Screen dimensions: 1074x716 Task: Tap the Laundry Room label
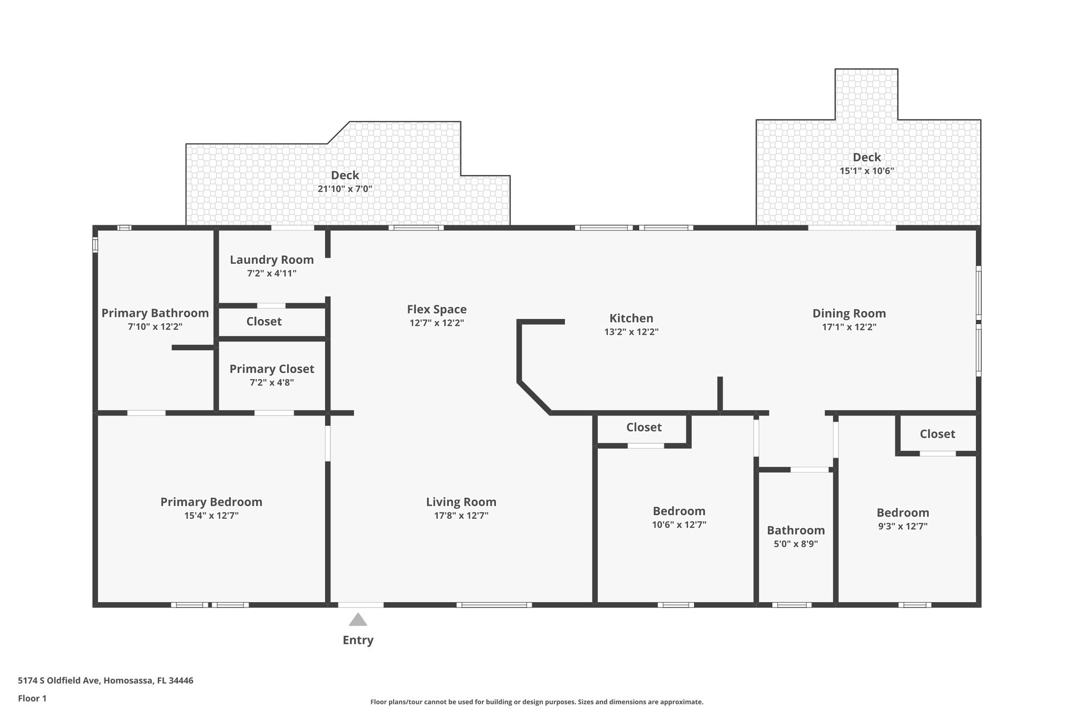[272, 260]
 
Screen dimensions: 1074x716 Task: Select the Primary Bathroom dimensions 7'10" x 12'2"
[155, 327]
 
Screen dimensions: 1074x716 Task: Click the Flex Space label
[437, 309]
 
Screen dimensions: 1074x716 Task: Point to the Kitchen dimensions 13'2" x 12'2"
[631, 332]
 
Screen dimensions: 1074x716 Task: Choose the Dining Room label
[849, 314]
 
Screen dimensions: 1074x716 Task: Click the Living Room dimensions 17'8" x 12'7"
[461, 516]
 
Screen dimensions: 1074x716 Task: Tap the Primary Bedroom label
[211, 502]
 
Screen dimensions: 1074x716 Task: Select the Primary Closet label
[272, 369]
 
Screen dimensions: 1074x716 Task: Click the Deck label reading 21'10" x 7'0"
[345, 175]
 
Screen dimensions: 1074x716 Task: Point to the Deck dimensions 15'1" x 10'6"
[867, 171]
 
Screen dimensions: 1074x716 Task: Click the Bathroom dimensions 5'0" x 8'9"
[796, 544]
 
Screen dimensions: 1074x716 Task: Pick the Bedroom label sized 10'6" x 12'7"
[679, 511]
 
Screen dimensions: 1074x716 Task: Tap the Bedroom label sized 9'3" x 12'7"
[903, 512]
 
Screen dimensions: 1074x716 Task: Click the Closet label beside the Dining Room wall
[937, 434]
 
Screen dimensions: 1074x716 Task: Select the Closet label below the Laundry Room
[264, 322]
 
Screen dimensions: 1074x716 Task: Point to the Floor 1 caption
[32, 698]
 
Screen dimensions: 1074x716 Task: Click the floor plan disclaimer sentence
[537, 702]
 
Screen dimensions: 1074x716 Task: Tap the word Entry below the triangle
[358, 640]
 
